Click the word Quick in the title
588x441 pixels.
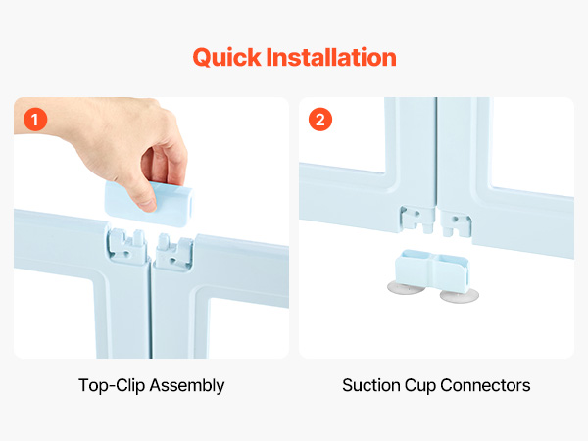pyautogui.click(x=226, y=58)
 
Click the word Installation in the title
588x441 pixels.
pyautogui.click(x=331, y=57)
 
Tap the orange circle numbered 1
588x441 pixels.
pyautogui.click(x=35, y=120)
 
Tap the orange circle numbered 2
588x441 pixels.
pyautogui.click(x=320, y=120)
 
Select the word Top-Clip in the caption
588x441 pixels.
pyautogui.click(x=112, y=386)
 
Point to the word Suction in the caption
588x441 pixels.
pyautogui.click(x=370, y=385)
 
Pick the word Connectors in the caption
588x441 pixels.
pyautogui.click(x=486, y=385)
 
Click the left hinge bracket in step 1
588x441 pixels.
pyautogui.click(x=126, y=244)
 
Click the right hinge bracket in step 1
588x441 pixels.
pyautogui.click(x=174, y=251)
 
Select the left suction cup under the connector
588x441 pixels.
pyautogui.click(x=406, y=288)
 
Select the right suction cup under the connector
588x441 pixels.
pyautogui.click(x=460, y=296)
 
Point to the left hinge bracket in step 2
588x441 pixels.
pyautogui.click(x=417, y=219)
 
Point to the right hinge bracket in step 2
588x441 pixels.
pyautogui.click(x=456, y=223)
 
